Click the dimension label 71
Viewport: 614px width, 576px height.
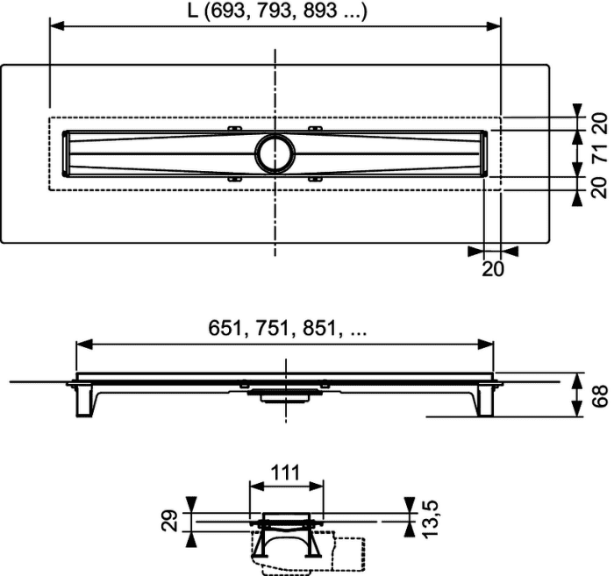click(600, 153)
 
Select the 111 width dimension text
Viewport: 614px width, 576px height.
click(285, 473)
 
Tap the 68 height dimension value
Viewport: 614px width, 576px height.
click(600, 396)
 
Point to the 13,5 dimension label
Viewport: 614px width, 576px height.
click(432, 518)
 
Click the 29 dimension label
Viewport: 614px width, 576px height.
click(170, 521)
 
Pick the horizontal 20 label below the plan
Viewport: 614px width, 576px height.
click(493, 269)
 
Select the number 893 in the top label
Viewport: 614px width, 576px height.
click(319, 11)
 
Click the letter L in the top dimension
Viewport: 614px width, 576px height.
click(193, 11)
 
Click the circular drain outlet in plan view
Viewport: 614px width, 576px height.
click(275, 153)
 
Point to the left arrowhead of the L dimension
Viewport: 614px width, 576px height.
click(57, 25)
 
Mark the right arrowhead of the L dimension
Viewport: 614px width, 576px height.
click(493, 25)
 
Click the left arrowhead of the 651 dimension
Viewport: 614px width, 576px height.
click(84, 345)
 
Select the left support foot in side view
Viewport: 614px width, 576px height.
click(84, 401)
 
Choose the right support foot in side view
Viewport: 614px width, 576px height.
click(486, 401)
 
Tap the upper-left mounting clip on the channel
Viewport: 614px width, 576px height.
click(235, 128)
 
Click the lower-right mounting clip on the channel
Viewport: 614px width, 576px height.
click(315, 179)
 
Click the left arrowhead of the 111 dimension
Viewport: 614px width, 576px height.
click(256, 487)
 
